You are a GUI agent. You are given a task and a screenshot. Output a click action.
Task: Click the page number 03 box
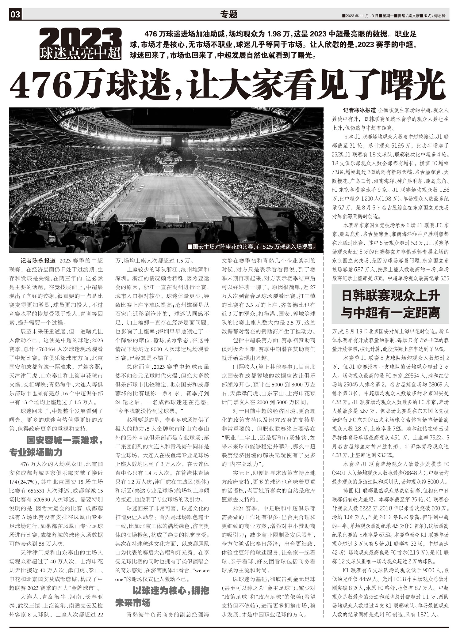pos(16,14)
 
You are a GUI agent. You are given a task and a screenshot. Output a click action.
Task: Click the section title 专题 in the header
pos(229,14)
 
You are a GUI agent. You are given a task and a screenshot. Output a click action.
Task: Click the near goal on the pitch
pos(171,218)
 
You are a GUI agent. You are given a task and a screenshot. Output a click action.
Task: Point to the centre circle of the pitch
pos(169,187)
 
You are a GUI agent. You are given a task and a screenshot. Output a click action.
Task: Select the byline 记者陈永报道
pos(38,261)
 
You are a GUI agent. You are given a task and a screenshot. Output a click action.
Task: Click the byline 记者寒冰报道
pos(359,110)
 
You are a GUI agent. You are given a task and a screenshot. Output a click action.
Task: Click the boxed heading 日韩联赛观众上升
pos(390,296)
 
